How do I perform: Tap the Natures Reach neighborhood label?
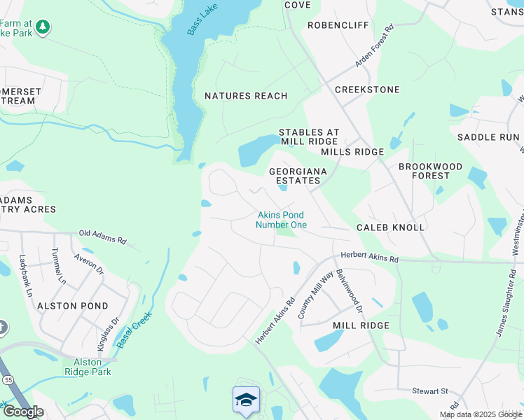(x=246, y=96)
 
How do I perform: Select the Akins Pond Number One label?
(x=281, y=220)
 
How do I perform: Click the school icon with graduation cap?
(x=246, y=400)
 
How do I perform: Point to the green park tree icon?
(x=43, y=27)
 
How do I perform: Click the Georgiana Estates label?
(x=295, y=176)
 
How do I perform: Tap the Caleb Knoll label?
(x=390, y=227)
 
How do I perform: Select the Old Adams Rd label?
(x=102, y=237)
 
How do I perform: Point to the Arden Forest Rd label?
(x=375, y=46)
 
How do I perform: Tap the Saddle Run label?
(x=488, y=137)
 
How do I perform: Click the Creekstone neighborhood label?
(x=367, y=90)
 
